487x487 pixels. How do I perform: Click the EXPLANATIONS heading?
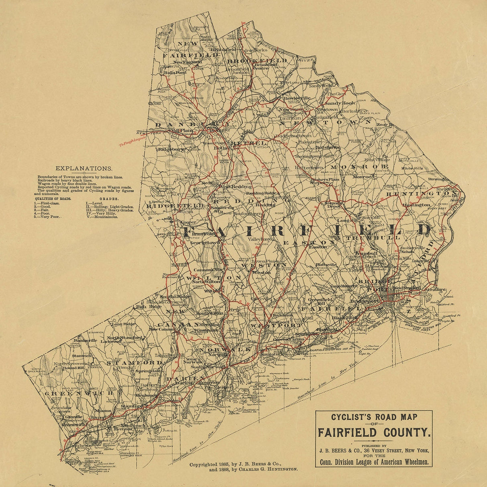tap(84, 169)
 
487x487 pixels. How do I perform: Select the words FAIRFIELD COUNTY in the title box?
tap(373, 433)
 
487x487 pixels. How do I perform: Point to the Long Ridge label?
tap(122, 324)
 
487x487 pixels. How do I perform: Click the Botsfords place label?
tap(330, 147)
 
